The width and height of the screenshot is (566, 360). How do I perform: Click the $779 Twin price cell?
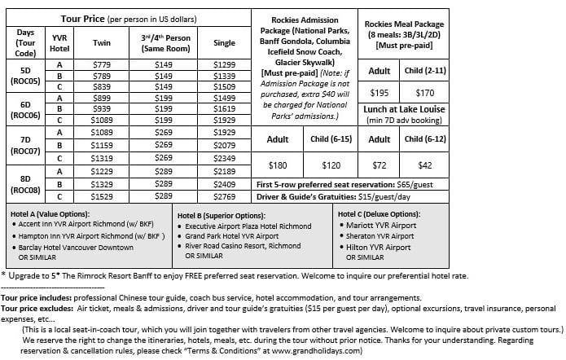[102, 64]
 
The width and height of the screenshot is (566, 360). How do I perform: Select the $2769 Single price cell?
[223, 195]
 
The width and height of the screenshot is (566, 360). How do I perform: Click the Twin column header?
[102, 42]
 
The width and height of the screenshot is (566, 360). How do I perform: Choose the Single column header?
[223, 42]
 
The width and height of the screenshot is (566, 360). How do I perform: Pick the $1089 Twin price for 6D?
[102, 119]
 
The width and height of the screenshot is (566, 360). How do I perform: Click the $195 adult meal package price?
[380, 93]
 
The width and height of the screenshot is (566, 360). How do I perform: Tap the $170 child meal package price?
[424, 93]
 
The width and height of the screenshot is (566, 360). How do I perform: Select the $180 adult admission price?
[278, 165]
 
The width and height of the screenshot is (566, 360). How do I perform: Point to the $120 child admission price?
[331, 165]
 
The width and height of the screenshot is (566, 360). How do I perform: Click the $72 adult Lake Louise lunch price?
[380, 165]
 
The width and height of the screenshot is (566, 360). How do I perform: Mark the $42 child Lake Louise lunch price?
[424, 165]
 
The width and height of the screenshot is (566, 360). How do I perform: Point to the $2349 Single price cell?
[223, 158]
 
